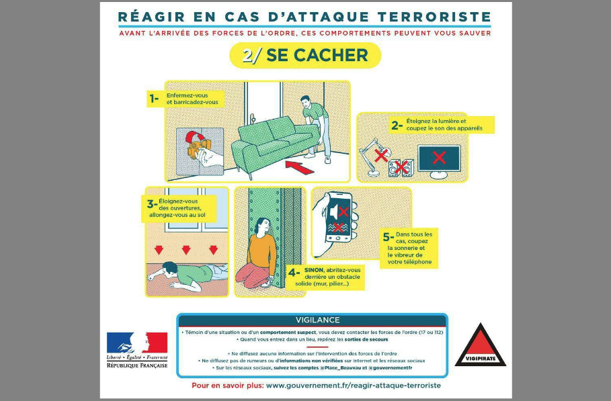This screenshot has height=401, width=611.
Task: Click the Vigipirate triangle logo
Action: pos(481,346)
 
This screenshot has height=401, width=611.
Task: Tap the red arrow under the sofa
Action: pos(300,164)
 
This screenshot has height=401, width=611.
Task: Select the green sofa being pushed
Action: pos(272,142)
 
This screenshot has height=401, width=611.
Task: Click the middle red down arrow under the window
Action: pos(186,250)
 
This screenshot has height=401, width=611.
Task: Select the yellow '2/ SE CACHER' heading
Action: pos(305,56)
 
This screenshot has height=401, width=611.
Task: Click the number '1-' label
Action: pos(154,99)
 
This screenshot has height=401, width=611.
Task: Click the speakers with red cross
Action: pos(401,168)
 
